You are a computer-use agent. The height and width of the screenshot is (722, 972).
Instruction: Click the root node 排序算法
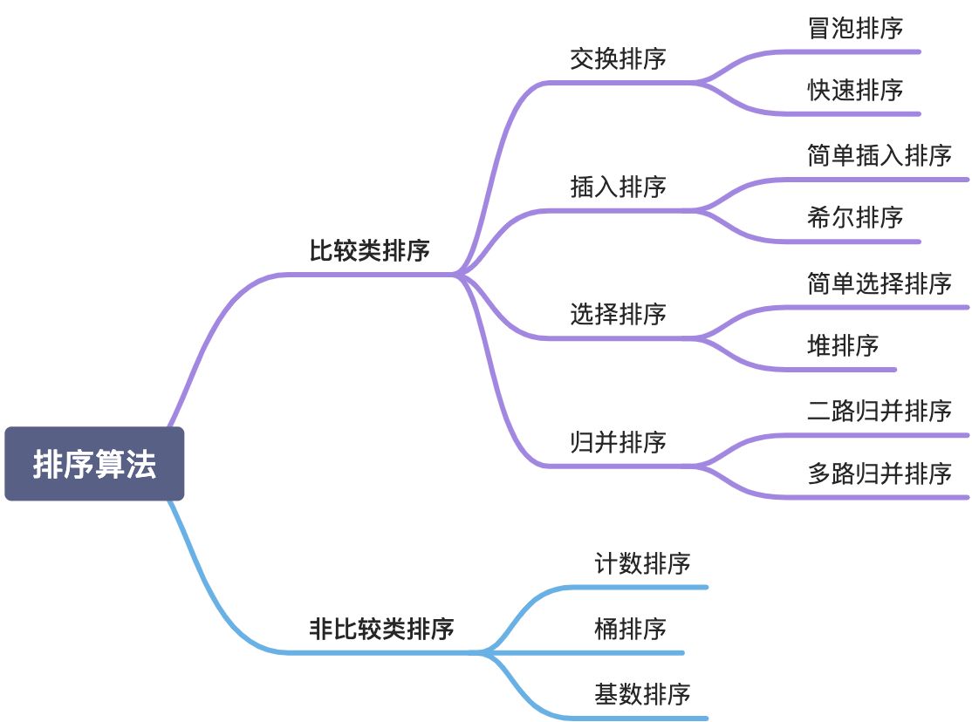point(94,464)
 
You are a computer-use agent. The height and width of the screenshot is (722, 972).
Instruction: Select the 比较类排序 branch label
point(369,251)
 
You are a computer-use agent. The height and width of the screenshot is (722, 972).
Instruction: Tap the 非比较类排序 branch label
point(381,628)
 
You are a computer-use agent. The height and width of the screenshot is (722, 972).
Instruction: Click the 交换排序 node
point(618,58)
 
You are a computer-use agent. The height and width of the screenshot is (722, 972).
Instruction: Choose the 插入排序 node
point(618,187)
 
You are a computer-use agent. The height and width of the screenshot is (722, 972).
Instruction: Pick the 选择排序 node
point(618,314)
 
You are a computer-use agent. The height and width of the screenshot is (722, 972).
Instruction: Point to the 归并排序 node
point(618,442)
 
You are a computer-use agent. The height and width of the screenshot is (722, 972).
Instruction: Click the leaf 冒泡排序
point(855,28)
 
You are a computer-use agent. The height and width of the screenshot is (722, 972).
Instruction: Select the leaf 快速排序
point(855,90)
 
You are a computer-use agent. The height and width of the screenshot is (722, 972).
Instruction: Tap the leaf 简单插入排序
point(879,155)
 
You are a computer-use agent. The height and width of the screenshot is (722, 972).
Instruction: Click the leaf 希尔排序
point(855,217)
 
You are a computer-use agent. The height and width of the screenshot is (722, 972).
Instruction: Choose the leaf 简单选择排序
point(879,283)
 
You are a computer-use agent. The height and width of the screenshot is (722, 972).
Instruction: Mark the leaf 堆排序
point(843,345)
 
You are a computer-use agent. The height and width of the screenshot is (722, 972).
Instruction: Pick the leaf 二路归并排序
point(879,411)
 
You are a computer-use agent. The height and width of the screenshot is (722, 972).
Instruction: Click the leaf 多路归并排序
point(879,473)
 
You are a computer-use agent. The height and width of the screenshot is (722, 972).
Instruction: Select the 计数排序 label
point(642,563)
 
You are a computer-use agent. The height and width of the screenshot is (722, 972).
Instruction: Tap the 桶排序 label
point(630,628)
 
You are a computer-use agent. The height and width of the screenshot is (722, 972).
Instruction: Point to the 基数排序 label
point(642,694)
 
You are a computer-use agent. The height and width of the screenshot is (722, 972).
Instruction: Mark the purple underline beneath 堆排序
point(820,370)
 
